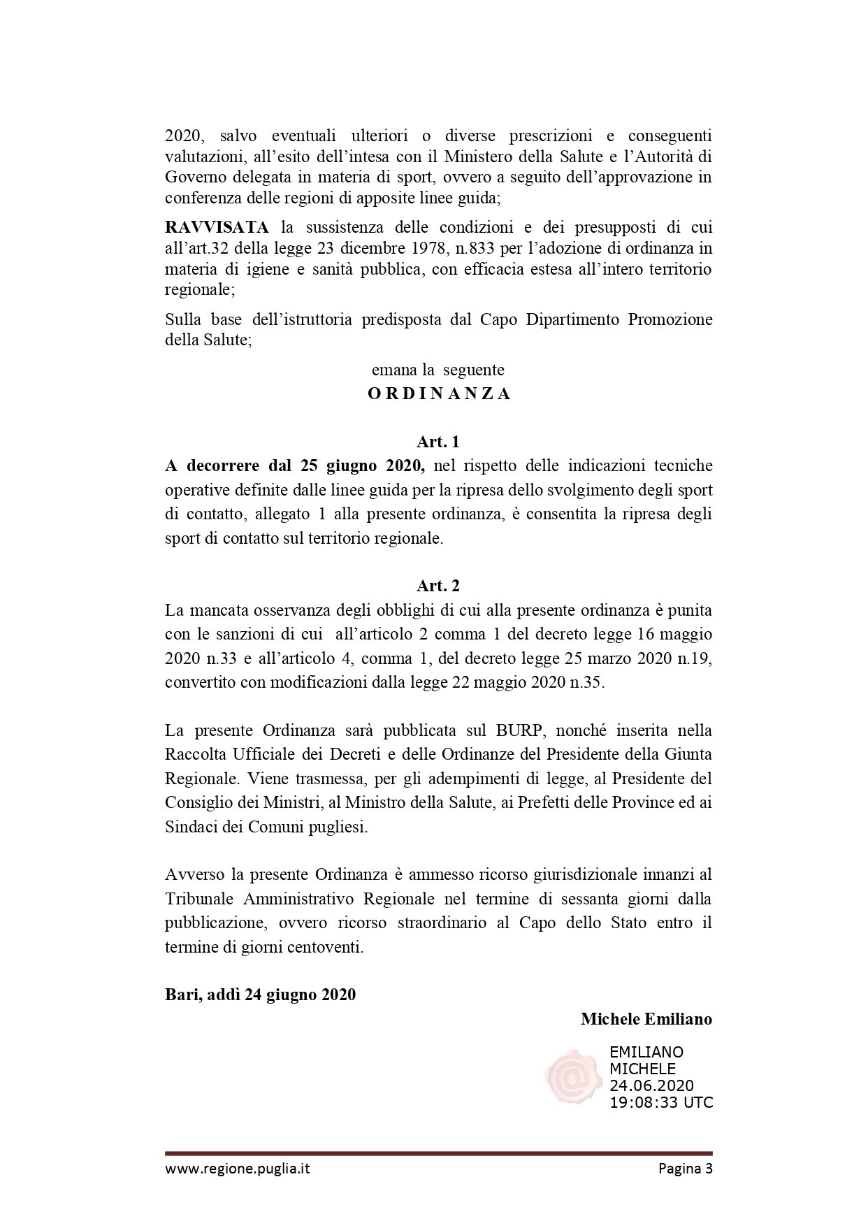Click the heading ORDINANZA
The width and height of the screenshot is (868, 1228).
click(x=439, y=393)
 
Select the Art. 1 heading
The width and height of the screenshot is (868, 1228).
click(x=438, y=442)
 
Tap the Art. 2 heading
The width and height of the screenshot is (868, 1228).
click(x=438, y=586)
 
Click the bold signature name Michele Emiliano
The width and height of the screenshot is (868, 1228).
click(x=646, y=1019)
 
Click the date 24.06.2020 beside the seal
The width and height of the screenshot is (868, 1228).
click(x=651, y=1085)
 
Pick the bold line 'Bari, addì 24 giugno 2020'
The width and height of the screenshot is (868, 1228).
click(x=260, y=995)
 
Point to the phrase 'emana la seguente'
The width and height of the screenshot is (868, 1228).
click(x=438, y=369)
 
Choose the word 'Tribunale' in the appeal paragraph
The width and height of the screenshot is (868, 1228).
click(x=198, y=898)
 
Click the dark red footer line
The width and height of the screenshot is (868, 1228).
click(x=439, y=1153)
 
